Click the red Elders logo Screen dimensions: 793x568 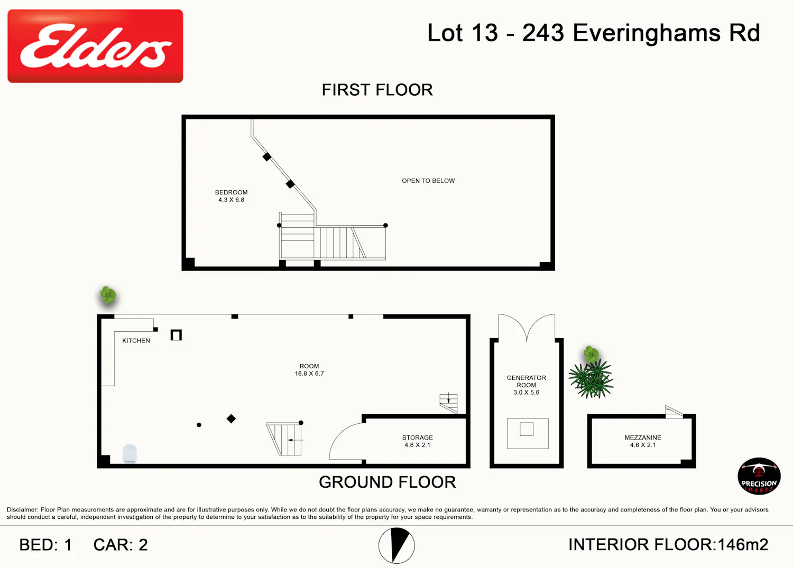point(95,46)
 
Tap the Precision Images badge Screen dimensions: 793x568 point(759,476)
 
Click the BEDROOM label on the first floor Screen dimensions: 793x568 point(231,192)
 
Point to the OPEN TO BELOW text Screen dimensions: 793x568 point(428,181)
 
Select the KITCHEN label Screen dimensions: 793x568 point(136,340)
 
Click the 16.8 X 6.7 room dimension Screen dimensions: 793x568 point(309,374)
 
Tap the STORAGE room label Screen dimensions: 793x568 point(418,437)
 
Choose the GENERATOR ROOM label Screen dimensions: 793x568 point(527,381)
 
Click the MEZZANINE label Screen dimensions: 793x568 point(643,437)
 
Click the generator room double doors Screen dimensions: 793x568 point(527,328)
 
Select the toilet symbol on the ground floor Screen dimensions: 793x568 point(130,453)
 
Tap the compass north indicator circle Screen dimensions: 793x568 point(396,545)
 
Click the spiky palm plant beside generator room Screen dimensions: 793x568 point(591,379)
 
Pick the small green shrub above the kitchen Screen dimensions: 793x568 point(108,295)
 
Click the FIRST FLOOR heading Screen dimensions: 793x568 point(377,90)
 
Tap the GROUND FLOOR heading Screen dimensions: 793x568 point(388,482)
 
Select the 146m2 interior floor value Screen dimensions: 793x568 point(743,545)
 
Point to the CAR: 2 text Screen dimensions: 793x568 point(121,545)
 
